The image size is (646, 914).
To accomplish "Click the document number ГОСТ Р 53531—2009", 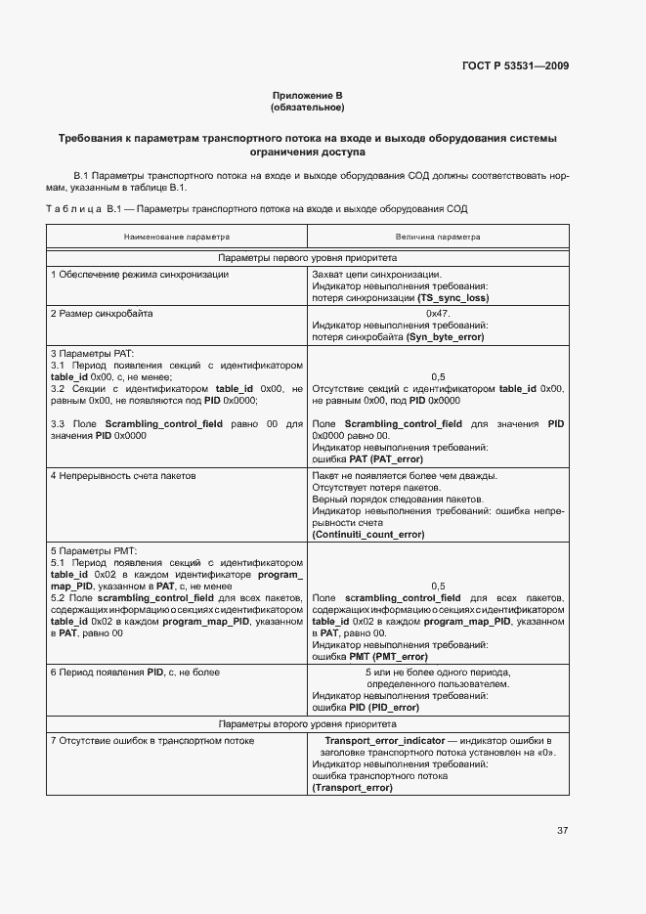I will [x=514, y=66].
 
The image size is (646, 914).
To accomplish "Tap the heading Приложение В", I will [x=307, y=96].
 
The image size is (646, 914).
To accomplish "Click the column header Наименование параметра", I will [x=177, y=237].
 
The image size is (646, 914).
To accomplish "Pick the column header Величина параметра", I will [x=438, y=237].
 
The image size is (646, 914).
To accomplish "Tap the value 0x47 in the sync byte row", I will [x=437, y=313].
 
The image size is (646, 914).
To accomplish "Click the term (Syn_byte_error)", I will [x=445, y=336].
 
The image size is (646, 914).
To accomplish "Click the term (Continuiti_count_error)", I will [x=367, y=535].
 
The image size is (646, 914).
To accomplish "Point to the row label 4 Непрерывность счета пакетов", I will [x=123, y=475].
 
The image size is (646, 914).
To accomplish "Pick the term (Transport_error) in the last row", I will [x=352, y=788].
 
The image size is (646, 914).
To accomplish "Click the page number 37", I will [x=562, y=831].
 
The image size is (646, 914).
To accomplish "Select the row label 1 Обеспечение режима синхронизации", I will [x=140, y=274].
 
